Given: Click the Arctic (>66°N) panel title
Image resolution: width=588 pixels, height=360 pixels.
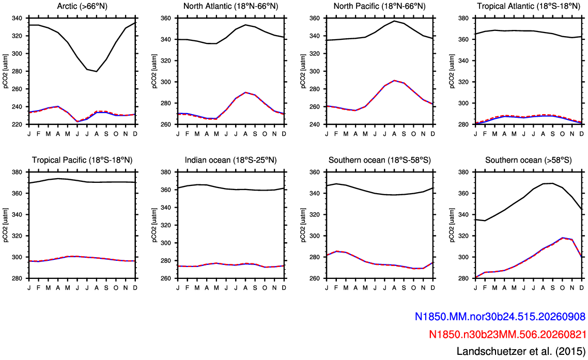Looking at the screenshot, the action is coord(82,6).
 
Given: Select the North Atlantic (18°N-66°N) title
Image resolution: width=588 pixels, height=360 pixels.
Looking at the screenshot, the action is coord(230,6).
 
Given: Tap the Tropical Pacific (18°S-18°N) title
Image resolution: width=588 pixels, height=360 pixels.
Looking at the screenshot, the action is coord(82,160).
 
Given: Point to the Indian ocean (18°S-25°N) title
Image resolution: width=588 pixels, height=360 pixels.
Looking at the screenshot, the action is coord(230,160).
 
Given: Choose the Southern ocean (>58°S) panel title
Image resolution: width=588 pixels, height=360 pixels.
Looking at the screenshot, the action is coord(529,160).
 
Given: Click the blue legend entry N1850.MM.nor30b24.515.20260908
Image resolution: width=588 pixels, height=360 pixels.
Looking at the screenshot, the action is coord(500,317).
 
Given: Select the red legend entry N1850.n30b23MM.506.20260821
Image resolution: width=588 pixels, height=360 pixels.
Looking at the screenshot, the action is coord(507,334).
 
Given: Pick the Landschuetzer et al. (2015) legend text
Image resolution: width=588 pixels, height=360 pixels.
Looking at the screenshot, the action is coord(521,351).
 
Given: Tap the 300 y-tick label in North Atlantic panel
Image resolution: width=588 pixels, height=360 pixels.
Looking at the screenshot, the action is coord(167,82).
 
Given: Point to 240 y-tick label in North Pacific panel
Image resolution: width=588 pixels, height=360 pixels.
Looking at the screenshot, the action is coord(315,124).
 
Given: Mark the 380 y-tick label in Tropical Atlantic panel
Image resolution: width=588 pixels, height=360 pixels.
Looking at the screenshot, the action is coord(465,18).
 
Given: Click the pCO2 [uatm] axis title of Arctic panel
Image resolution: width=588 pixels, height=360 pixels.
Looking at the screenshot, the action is coord(6,71).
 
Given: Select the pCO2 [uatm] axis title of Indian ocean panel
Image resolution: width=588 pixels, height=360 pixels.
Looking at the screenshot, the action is coord(154,225).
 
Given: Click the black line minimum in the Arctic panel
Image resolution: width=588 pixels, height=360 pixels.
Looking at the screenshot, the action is coord(97,71).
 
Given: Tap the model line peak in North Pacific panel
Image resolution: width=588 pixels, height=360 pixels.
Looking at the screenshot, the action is coord(394,80).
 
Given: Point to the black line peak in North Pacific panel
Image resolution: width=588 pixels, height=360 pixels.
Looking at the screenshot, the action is coord(394,21).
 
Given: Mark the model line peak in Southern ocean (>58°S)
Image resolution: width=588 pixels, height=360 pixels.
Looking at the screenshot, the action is coord(563,238).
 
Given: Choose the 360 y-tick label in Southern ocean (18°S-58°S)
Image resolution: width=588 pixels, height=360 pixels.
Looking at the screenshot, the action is coord(315,172).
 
